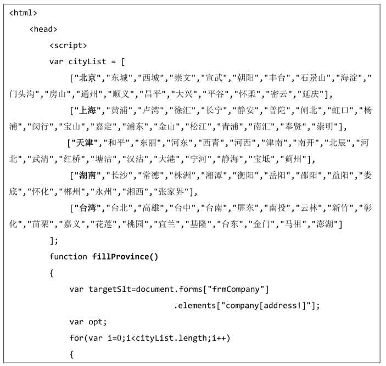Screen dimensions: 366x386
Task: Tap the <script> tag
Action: [68, 46]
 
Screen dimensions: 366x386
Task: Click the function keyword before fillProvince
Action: [69, 257]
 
